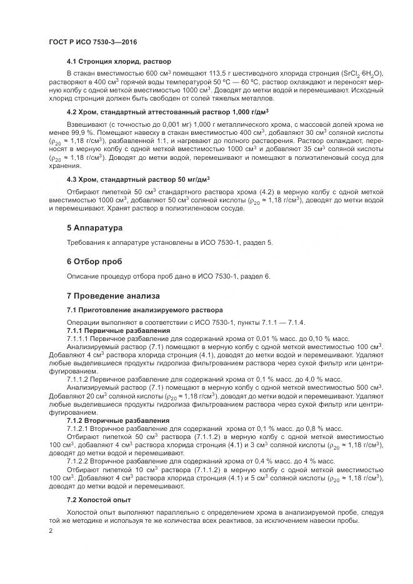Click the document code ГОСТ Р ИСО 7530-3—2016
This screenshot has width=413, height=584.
click(x=92, y=42)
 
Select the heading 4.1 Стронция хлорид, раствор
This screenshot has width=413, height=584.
click(x=119, y=62)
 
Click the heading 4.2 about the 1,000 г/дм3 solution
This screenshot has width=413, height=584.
click(x=167, y=112)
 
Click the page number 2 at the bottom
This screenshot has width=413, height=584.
click(x=51, y=531)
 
